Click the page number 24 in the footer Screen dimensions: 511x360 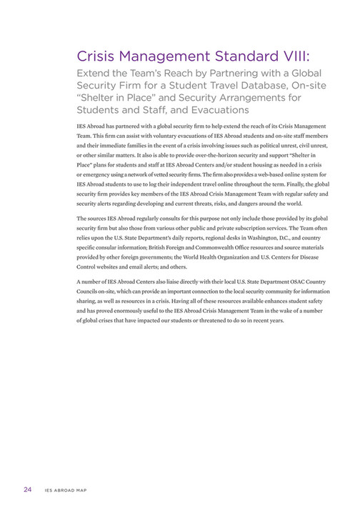click(x=27, y=488)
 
